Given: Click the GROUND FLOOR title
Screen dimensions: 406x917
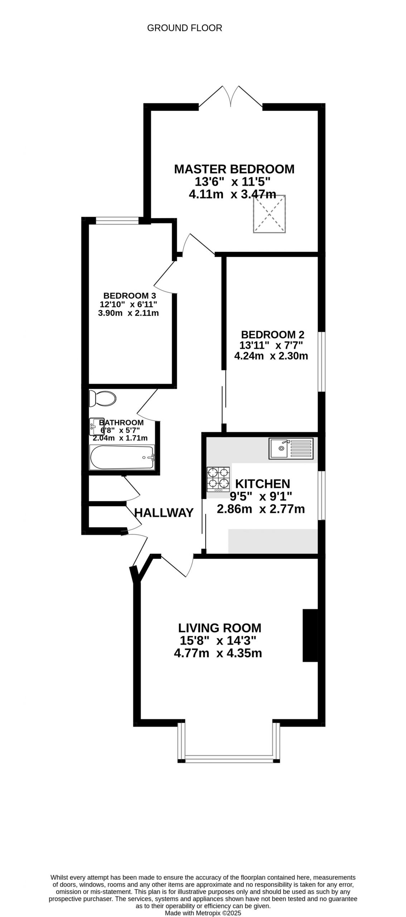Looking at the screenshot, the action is coord(184,28).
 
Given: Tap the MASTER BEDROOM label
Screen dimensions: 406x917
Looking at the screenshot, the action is coord(234,169).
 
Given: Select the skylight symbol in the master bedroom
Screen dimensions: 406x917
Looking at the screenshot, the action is coord(270,214).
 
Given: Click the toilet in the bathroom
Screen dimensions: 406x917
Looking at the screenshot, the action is coord(102,398).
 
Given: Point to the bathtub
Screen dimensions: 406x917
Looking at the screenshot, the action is coord(122,457).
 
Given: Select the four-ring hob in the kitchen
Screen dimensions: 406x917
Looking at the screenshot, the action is coord(218,479).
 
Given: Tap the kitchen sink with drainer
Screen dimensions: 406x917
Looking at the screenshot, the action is coord(291,448).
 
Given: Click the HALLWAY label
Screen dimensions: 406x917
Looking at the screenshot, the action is coord(164,513).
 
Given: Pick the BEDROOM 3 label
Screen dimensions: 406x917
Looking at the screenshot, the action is coord(130,296).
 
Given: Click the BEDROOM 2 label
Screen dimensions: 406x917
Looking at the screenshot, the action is coord(273,335).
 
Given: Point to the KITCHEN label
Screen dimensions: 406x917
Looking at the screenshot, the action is coord(262,484).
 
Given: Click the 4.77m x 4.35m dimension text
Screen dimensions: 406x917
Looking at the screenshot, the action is coord(218,653).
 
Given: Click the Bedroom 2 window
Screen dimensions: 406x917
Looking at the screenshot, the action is coord(322,361).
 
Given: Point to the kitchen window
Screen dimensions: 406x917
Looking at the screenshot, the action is coord(322,495).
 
